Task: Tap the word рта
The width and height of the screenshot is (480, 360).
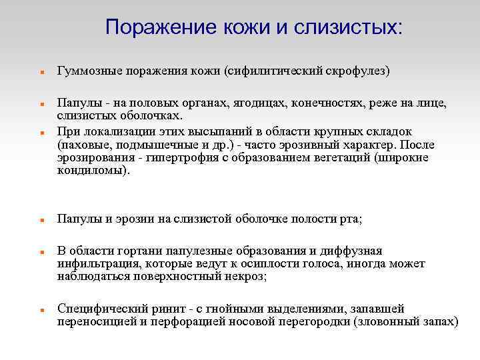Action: tap(349, 219)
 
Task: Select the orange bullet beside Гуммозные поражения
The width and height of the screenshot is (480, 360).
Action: tap(41, 71)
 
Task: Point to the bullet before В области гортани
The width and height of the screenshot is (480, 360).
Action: tap(41, 253)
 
